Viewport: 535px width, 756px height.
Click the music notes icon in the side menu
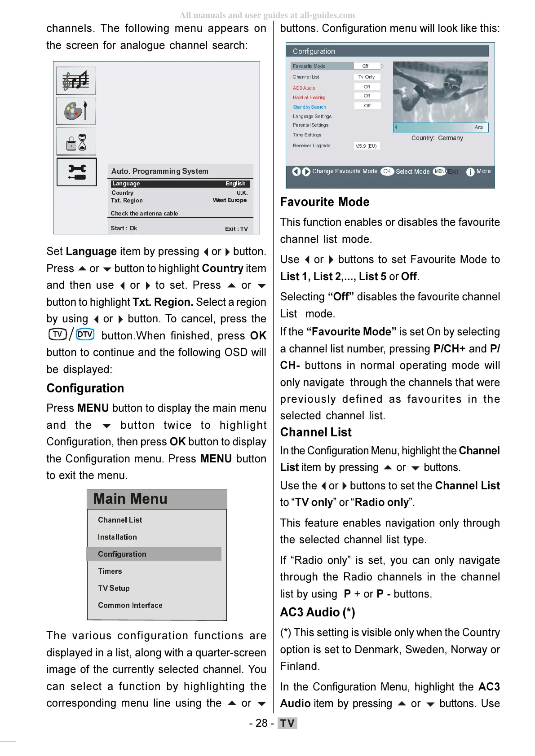[x=76, y=81]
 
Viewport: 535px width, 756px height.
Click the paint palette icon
[x=76, y=111]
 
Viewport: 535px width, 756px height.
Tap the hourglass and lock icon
[x=76, y=142]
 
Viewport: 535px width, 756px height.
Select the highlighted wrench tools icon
[x=77, y=172]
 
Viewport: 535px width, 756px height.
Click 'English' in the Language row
[x=235, y=184]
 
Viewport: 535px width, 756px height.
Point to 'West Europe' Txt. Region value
[x=230, y=200]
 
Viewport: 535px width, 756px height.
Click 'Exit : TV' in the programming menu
[x=236, y=229]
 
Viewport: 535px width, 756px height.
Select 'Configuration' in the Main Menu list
[x=122, y=554]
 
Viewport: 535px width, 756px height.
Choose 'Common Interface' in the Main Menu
[x=130, y=605]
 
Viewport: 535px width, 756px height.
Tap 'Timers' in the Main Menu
[x=110, y=571]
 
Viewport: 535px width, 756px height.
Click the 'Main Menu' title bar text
[x=130, y=499]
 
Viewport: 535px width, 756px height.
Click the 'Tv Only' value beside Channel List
[x=367, y=77]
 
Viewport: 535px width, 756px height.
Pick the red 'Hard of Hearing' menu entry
[x=309, y=97]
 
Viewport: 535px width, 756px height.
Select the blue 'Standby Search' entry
[x=310, y=107]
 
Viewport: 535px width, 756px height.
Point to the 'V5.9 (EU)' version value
[x=366, y=146]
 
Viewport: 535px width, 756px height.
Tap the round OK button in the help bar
[x=387, y=171]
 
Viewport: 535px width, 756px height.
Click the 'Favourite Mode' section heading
[x=325, y=202]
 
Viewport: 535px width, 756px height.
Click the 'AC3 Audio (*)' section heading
[x=318, y=612]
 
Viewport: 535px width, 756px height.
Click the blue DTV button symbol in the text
[x=85, y=334]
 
